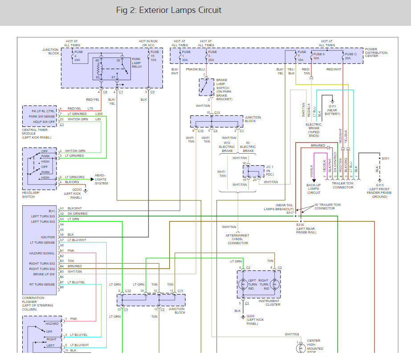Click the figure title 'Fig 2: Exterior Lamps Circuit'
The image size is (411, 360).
point(169,10)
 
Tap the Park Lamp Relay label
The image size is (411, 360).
point(137,63)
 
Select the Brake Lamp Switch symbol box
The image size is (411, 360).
point(206,87)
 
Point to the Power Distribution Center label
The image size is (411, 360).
point(376,53)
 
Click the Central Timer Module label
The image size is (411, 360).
point(37,134)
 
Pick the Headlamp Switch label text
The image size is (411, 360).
point(31,195)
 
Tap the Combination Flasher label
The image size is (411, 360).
point(37,303)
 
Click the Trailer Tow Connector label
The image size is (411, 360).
point(343,185)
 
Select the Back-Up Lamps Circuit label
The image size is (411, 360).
point(314,189)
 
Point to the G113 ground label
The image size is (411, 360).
point(379,191)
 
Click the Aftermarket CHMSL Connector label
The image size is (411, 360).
point(237,239)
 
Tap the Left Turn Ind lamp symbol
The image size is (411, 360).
point(243,284)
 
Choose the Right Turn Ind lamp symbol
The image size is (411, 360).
point(275,284)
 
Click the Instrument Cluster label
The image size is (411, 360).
point(269,303)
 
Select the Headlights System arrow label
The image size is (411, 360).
point(101,180)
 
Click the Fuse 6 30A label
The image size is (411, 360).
point(319,56)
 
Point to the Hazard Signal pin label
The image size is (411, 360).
point(42,253)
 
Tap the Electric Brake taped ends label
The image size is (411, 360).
point(314,130)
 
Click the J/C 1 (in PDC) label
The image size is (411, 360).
point(270,171)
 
